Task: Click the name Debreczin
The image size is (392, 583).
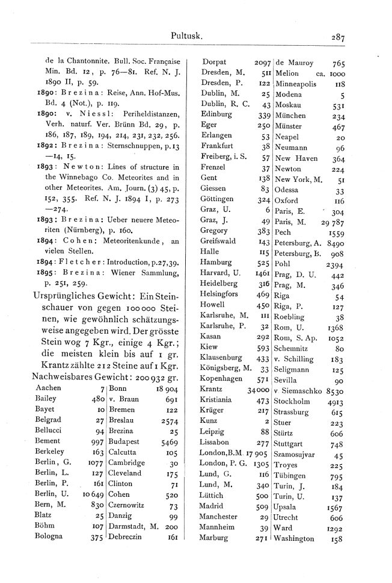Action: point(129,537)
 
